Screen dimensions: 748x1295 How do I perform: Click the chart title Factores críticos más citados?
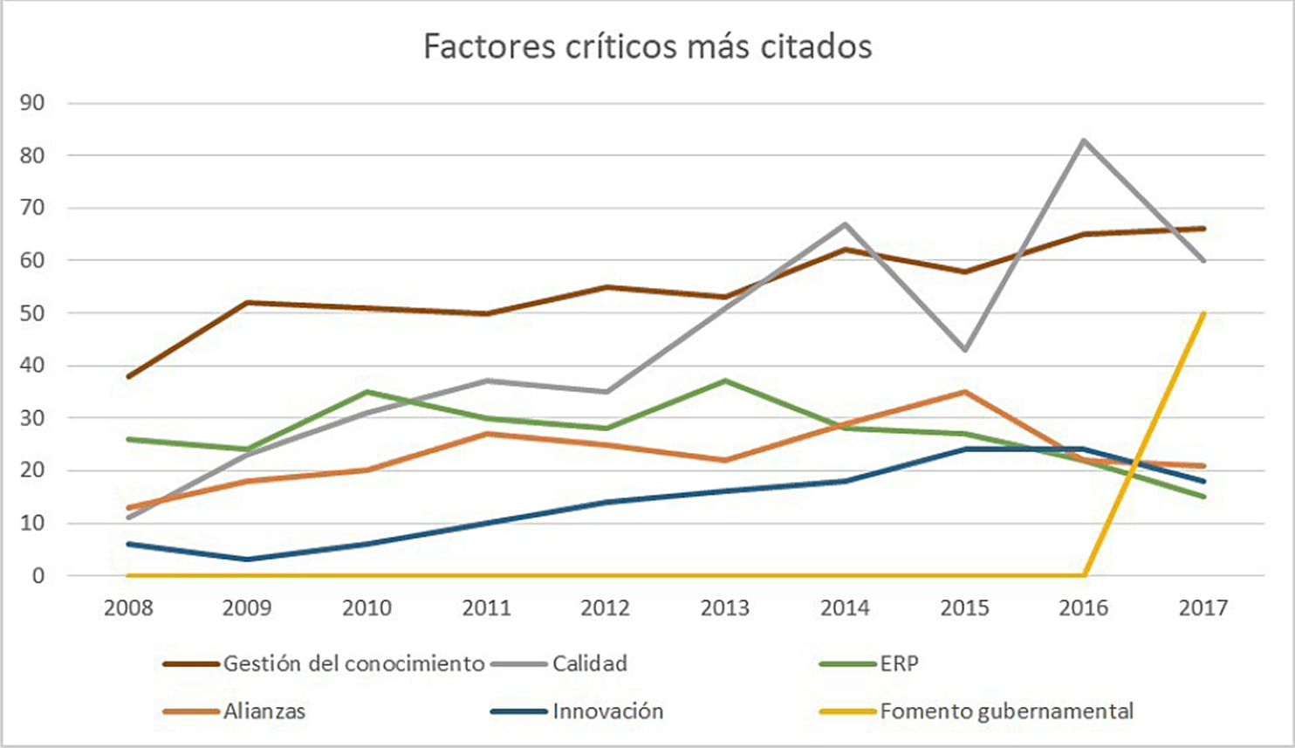pos(647,46)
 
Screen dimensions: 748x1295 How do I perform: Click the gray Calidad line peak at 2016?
pos(1084,140)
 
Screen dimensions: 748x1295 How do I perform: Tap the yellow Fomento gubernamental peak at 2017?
pos(1204,313)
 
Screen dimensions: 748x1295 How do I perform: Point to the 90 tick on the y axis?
pos(32,103)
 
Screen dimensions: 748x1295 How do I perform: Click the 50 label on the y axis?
pos(32,313)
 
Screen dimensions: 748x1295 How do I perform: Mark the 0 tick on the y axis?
pos(38,576)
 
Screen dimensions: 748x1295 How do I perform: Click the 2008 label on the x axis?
pos(128,607)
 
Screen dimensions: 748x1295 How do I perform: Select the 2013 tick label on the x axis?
pos(725,607)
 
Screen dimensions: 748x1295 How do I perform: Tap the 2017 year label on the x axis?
pos(1203,607)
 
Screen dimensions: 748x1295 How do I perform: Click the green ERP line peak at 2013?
pos(725,381)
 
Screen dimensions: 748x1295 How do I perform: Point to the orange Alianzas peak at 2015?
pos(964,392)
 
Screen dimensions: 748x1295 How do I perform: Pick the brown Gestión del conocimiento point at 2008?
pos(128,376)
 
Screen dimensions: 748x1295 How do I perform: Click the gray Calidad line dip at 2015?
pos(964,350)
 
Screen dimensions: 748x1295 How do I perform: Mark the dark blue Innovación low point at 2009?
pos(248,559)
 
